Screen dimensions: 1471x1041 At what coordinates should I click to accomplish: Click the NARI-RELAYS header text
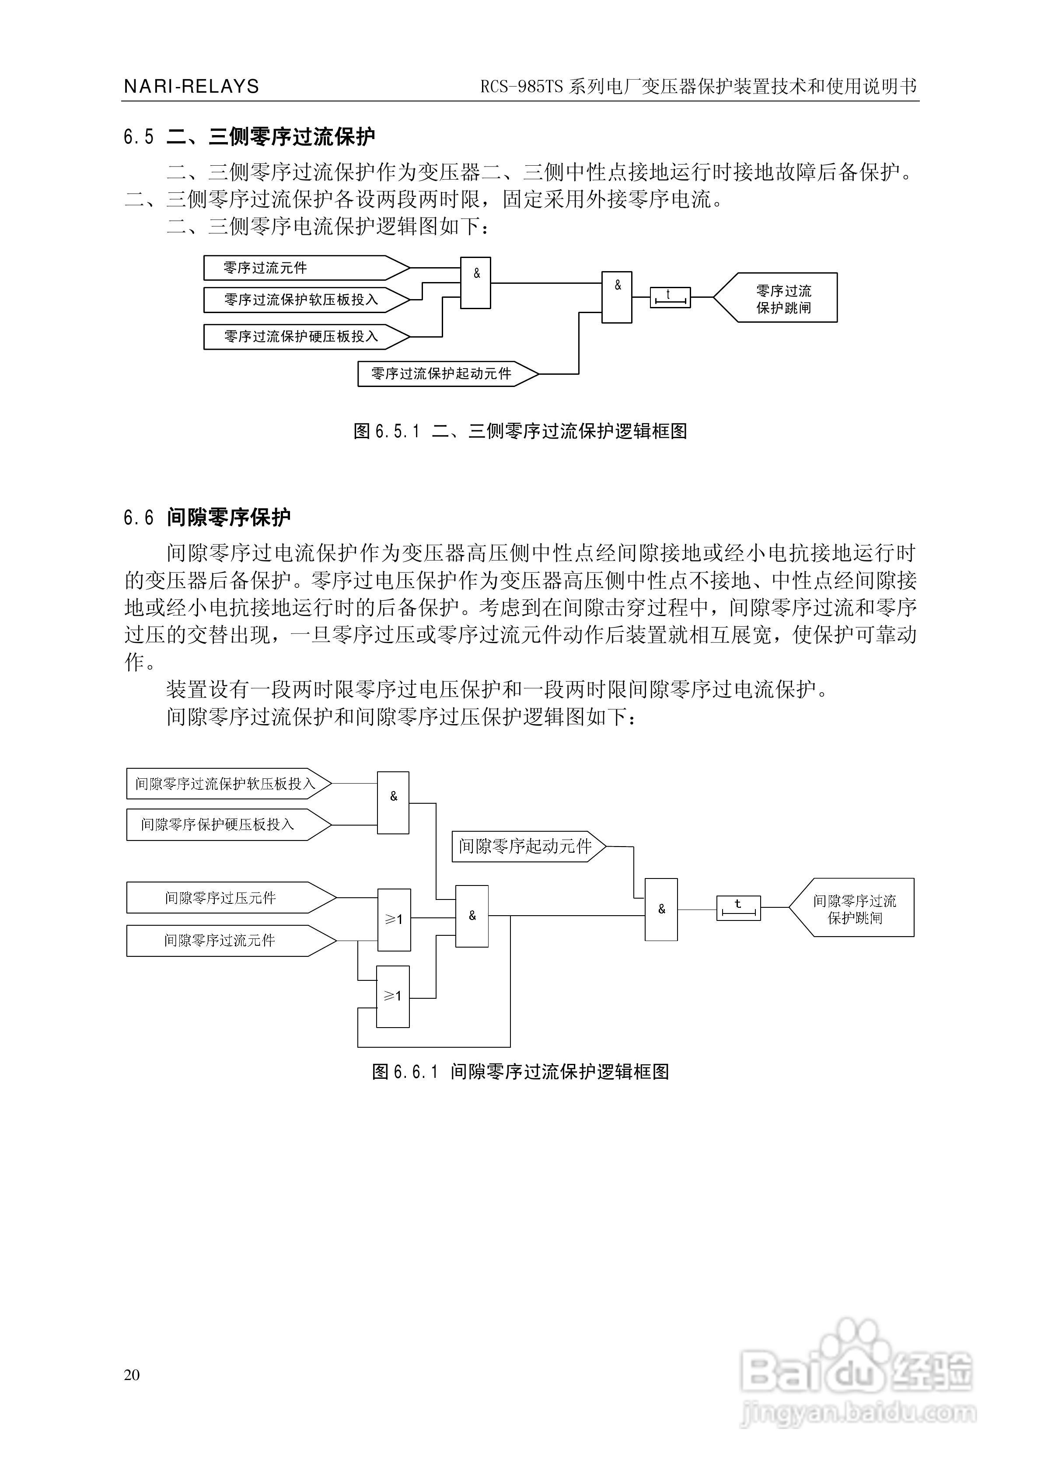(191, 87)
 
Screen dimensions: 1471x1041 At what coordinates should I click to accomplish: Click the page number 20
(132, 1374)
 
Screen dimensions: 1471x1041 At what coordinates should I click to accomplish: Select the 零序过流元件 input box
(301, 268)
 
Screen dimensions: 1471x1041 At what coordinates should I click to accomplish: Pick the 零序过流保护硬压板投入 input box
(301, 336)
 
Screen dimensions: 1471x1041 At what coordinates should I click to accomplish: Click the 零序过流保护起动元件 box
(442, 373)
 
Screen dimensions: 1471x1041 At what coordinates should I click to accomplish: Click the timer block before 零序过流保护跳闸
(670, 297)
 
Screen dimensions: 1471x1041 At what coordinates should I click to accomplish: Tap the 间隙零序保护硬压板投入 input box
(224, 825)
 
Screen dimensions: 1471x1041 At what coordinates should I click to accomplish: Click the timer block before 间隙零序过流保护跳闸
(738, 908)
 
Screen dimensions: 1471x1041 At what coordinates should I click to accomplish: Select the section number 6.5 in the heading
(139, 136)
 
